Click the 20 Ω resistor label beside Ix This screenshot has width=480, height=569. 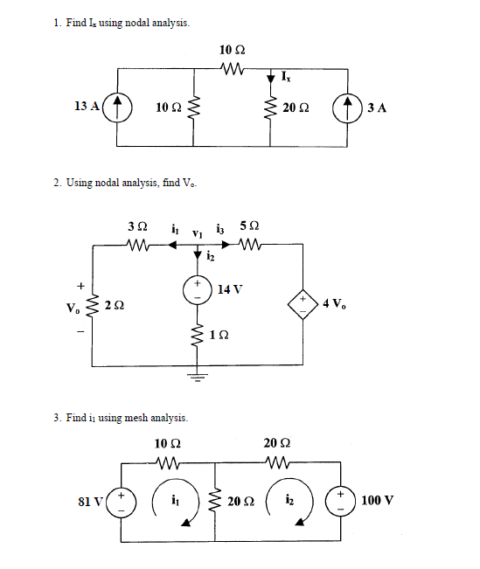pos(295,108)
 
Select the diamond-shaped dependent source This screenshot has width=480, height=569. pos(304,304)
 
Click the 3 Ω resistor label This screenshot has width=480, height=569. pos(136,227)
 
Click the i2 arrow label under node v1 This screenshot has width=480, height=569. pos(211,256)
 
